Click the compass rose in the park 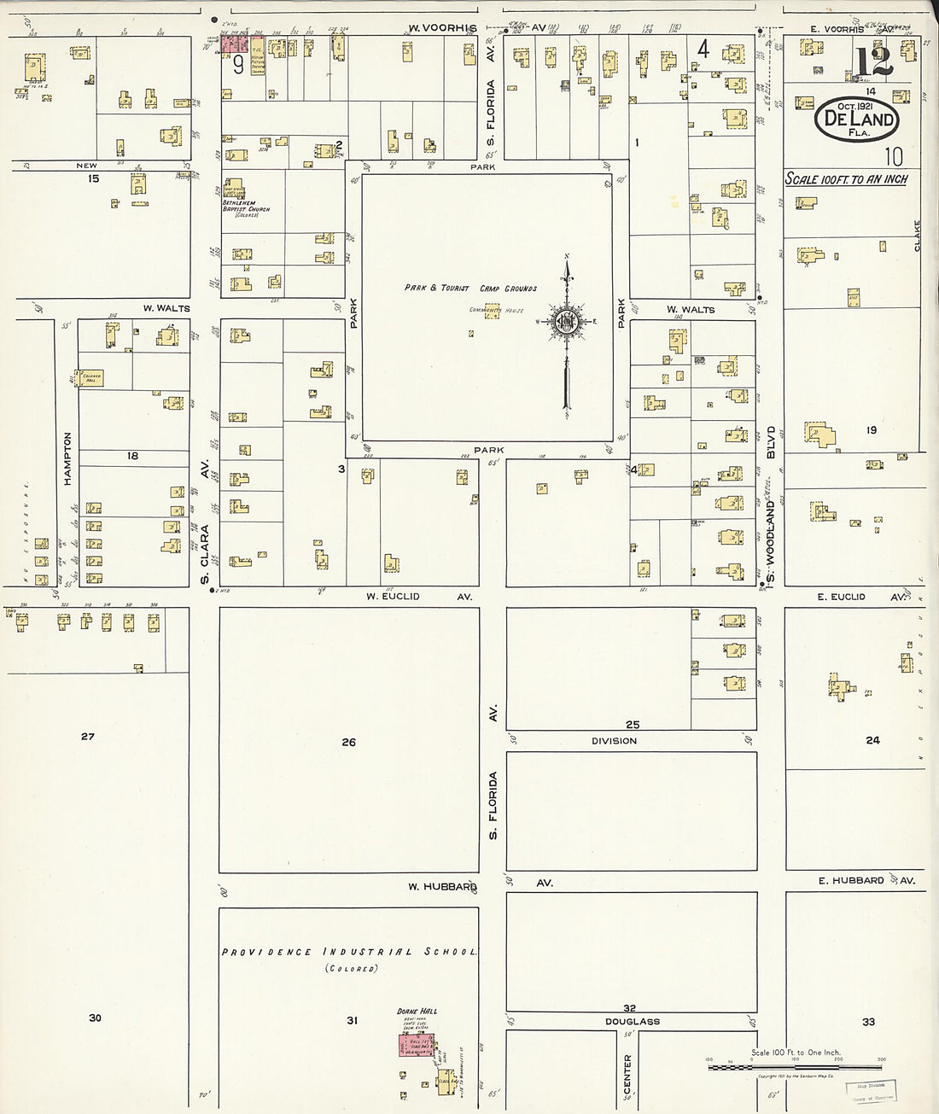click(566, 323)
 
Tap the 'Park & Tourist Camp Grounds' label click(470, 289)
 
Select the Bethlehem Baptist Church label click(240, 206)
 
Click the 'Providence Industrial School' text click(349, 952)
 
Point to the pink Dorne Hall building click(417, 1045)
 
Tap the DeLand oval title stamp click(857, 119)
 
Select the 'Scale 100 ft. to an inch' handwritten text click(846, 179)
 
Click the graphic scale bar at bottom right click(794, 1067)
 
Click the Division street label click(614, 741)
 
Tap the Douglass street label click(633, 1021)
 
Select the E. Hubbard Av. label click(866, 880)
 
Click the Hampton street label click(67, 458)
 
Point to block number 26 click(348, 742)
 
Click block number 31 click(352, 1020)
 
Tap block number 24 click(872, 740)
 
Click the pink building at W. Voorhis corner click(235, 43)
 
